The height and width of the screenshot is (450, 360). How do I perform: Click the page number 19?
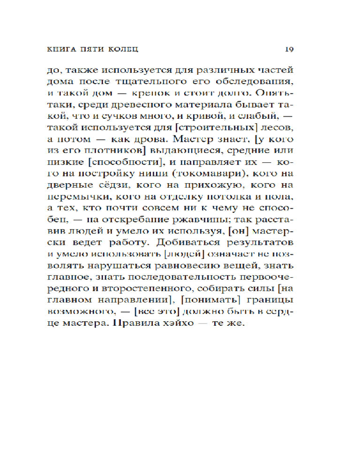(289, 48)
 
